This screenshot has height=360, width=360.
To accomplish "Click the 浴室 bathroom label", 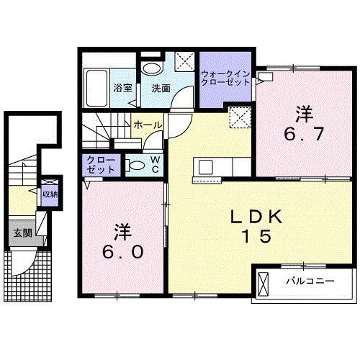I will coord(122,89).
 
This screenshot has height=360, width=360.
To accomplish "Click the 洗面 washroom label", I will coord(161,89).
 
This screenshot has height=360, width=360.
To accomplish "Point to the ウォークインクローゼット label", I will coord(225,78).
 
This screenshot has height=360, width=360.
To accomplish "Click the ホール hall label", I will coord(147,125).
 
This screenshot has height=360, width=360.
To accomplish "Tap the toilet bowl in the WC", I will coord(134,164).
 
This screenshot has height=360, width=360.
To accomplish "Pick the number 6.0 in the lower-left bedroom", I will coord(121,242).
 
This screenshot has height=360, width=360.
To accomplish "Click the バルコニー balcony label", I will coord(308,281).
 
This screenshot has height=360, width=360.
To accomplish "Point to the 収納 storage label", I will coord(49,194).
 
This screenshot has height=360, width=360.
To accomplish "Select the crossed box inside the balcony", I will coord(263,282).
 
